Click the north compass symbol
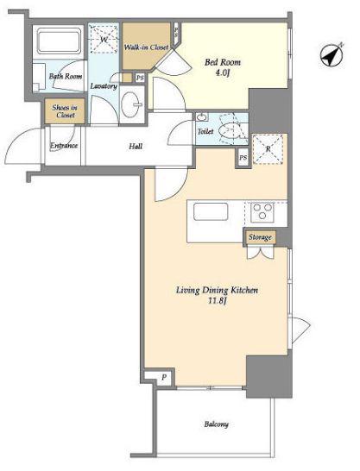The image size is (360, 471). [x=332, y=55]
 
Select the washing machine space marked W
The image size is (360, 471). [x=104, y=40]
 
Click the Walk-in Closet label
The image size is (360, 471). [x=146, y=47]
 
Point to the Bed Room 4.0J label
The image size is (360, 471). [x=223, y=67]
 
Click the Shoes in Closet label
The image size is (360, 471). [x=65, y=111]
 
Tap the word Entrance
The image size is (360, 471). [x=64, y=146]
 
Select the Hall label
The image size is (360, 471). [x=136, y=147]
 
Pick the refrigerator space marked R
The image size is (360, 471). [x=268, y=149]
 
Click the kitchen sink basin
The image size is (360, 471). [x=211, y=211]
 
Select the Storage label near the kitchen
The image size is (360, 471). [x=260, y=237]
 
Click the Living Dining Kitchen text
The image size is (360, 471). [x=217, y=290]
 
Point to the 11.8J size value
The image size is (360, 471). [x=217, y=301]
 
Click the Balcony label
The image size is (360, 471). [x=217, y=424]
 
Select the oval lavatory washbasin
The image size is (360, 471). [x=131, y=104]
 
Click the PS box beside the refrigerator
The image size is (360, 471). [x=243, y=157]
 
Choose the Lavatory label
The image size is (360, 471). [x=104, y=86]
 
